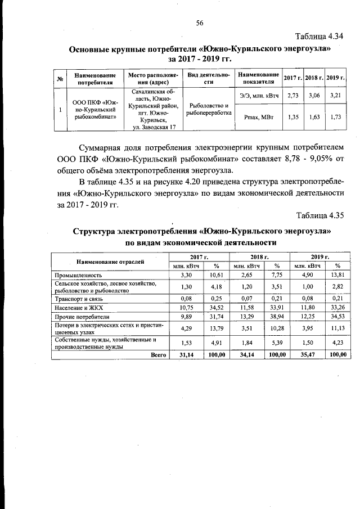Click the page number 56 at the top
coord(199,22)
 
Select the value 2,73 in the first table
coord(292,96)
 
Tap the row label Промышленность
coord(78,276)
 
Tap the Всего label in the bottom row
coord(159,355)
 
